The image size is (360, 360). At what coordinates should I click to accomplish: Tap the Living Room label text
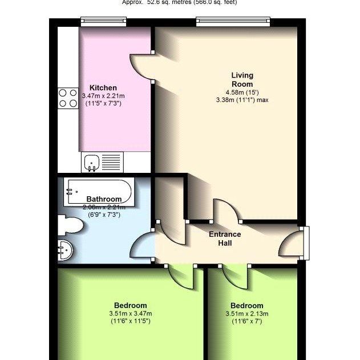click(242, 80)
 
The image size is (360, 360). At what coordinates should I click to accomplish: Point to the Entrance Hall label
click(225, 238)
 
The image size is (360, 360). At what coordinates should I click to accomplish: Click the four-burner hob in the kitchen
click(68, 98)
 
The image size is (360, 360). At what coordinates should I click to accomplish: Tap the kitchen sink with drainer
click(102, 162)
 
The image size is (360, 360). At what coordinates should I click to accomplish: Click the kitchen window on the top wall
click(103, 22)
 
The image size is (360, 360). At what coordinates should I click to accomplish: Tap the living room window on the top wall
click(232, 22)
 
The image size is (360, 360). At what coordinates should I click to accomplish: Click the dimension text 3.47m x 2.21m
click(103, 96)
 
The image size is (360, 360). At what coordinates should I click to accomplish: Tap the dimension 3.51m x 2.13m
click(246, 314)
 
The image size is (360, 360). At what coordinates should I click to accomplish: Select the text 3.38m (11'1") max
click(242, 100)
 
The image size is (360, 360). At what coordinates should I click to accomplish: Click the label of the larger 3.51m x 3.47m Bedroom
click(130, 305)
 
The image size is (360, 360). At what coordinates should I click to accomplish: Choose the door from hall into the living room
click(226, 211)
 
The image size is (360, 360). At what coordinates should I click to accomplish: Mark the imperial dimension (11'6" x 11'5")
click(130, 321)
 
